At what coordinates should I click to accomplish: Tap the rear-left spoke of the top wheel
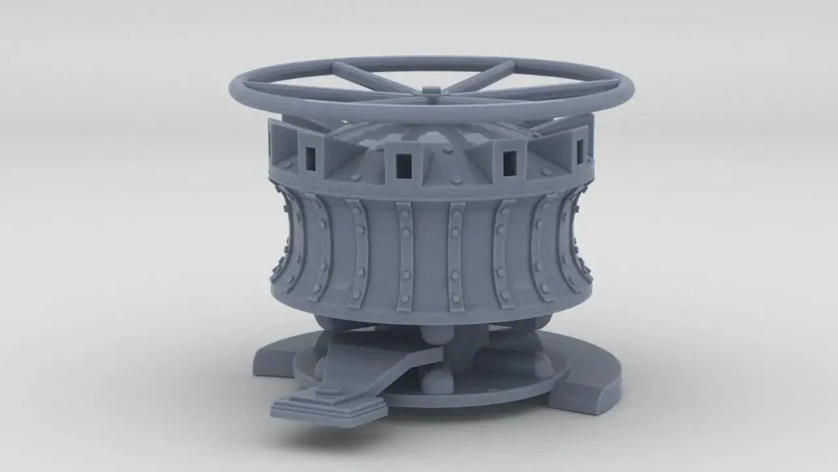370,77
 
